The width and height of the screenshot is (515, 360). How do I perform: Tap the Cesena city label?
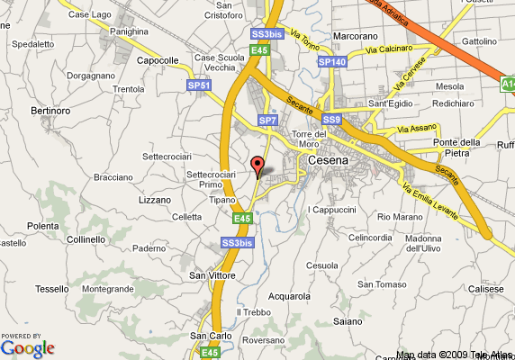tap(326, 161)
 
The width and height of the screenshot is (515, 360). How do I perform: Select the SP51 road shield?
tap(199, 85)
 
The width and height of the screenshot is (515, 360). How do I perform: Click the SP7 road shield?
tap(267, 120)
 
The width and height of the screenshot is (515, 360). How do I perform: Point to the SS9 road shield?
tap(332, 120)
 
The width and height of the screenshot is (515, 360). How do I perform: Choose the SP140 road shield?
tap(332, 62)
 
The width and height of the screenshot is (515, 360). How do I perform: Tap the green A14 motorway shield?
tap(508, 84)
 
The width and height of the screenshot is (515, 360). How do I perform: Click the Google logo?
tap(27, 348)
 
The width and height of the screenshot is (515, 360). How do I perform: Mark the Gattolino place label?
tap(479, 41)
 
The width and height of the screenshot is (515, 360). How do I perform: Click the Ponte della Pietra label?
tap(457, 148)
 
